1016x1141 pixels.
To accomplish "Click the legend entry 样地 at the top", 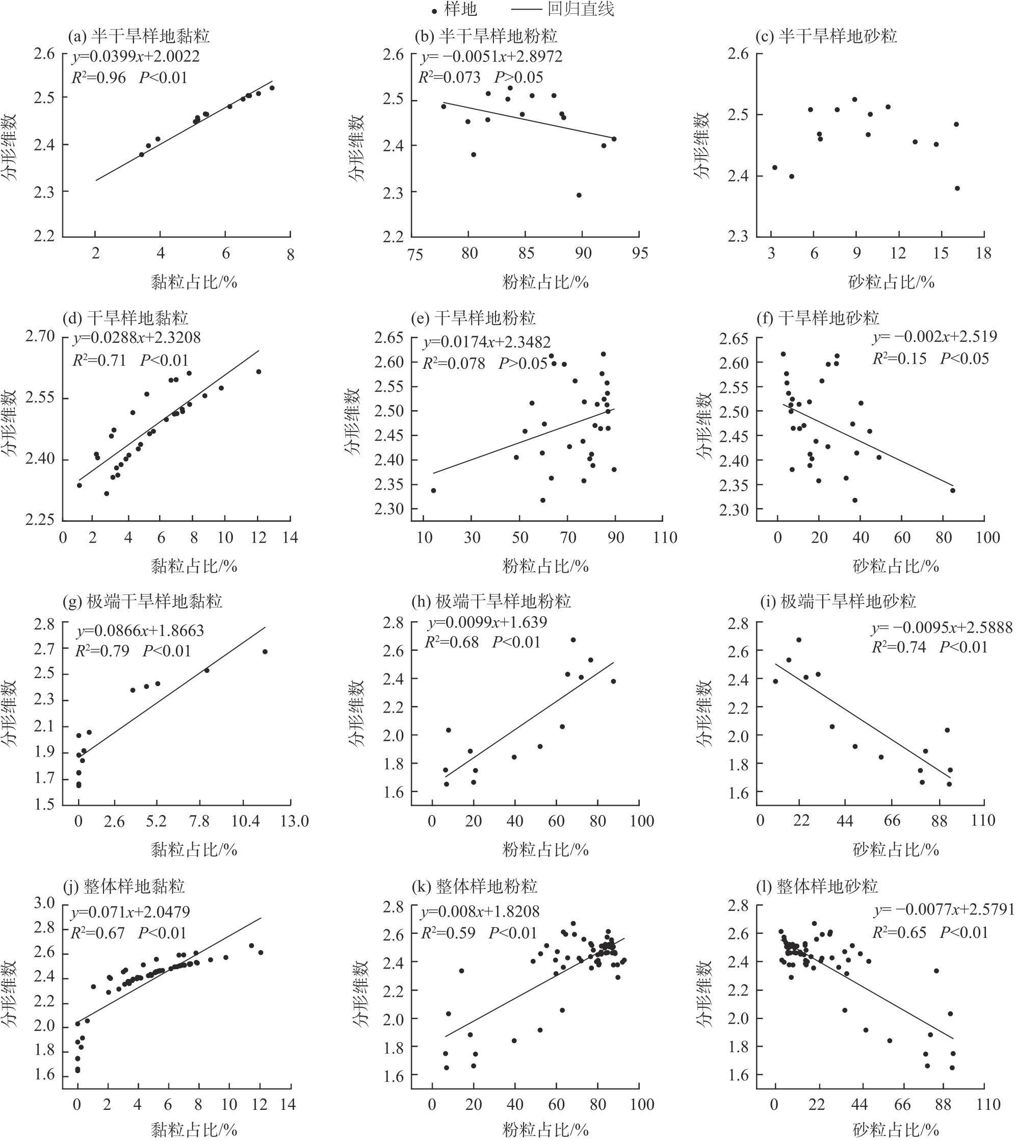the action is coord(455,10).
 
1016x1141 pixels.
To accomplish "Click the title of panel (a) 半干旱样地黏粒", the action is coord(139,36).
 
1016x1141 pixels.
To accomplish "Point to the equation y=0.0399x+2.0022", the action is coord(136,57).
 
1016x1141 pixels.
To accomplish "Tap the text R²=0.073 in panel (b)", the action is coord(450,77).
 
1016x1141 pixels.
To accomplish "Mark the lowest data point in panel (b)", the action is coord(579,195).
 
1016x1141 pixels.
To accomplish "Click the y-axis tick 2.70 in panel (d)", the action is coord(40,337).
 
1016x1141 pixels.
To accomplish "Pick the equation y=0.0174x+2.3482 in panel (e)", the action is coord(487,342).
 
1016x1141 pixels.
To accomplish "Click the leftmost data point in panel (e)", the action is coord(433,490).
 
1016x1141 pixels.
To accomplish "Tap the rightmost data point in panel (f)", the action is coord(953,490).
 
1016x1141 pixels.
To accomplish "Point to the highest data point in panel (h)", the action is coord(573,640).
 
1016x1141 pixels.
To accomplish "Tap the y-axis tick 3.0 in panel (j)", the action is coord(44,903).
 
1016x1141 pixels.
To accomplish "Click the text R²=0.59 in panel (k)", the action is coord(448,932).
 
